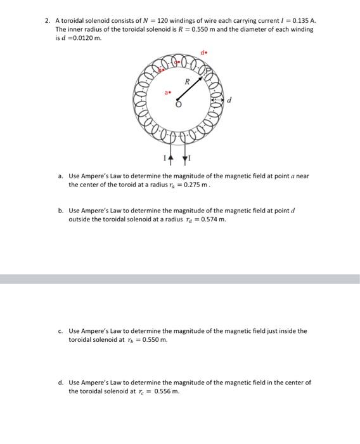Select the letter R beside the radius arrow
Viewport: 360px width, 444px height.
point(186,82)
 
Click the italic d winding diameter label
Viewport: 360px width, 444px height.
point(229,100)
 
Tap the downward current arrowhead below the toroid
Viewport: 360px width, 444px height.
point(185,159)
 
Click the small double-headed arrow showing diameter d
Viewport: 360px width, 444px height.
point(216,100)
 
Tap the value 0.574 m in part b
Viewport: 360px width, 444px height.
point(212,219)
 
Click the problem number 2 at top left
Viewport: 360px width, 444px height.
point(47,21)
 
